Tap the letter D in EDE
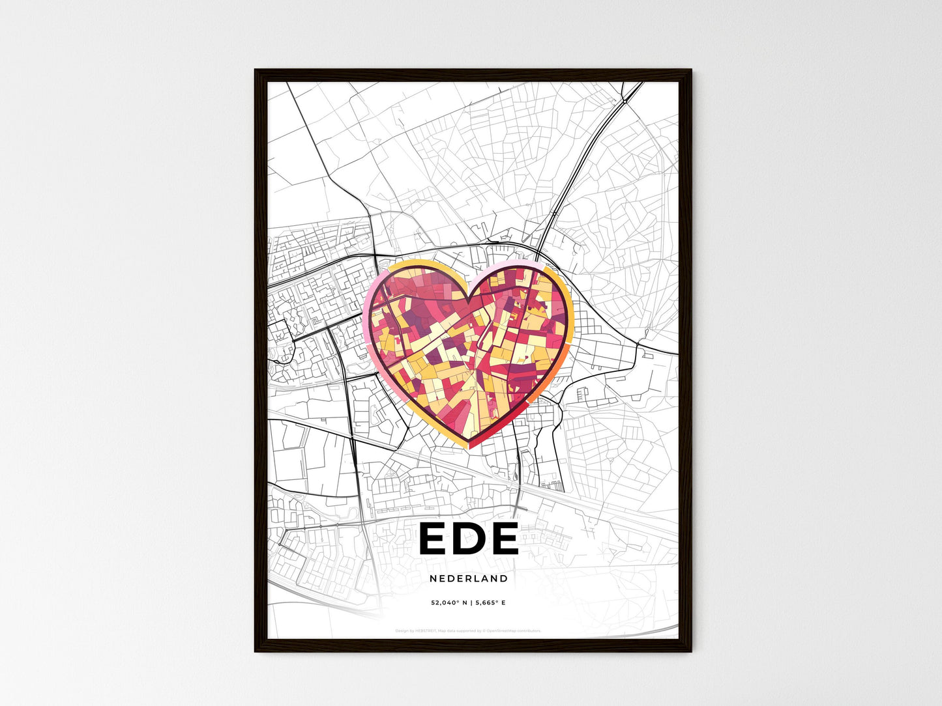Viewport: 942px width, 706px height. click(468, 539)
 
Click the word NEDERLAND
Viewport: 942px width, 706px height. click(469, 578)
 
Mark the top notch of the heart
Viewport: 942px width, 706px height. click(469, 298)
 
